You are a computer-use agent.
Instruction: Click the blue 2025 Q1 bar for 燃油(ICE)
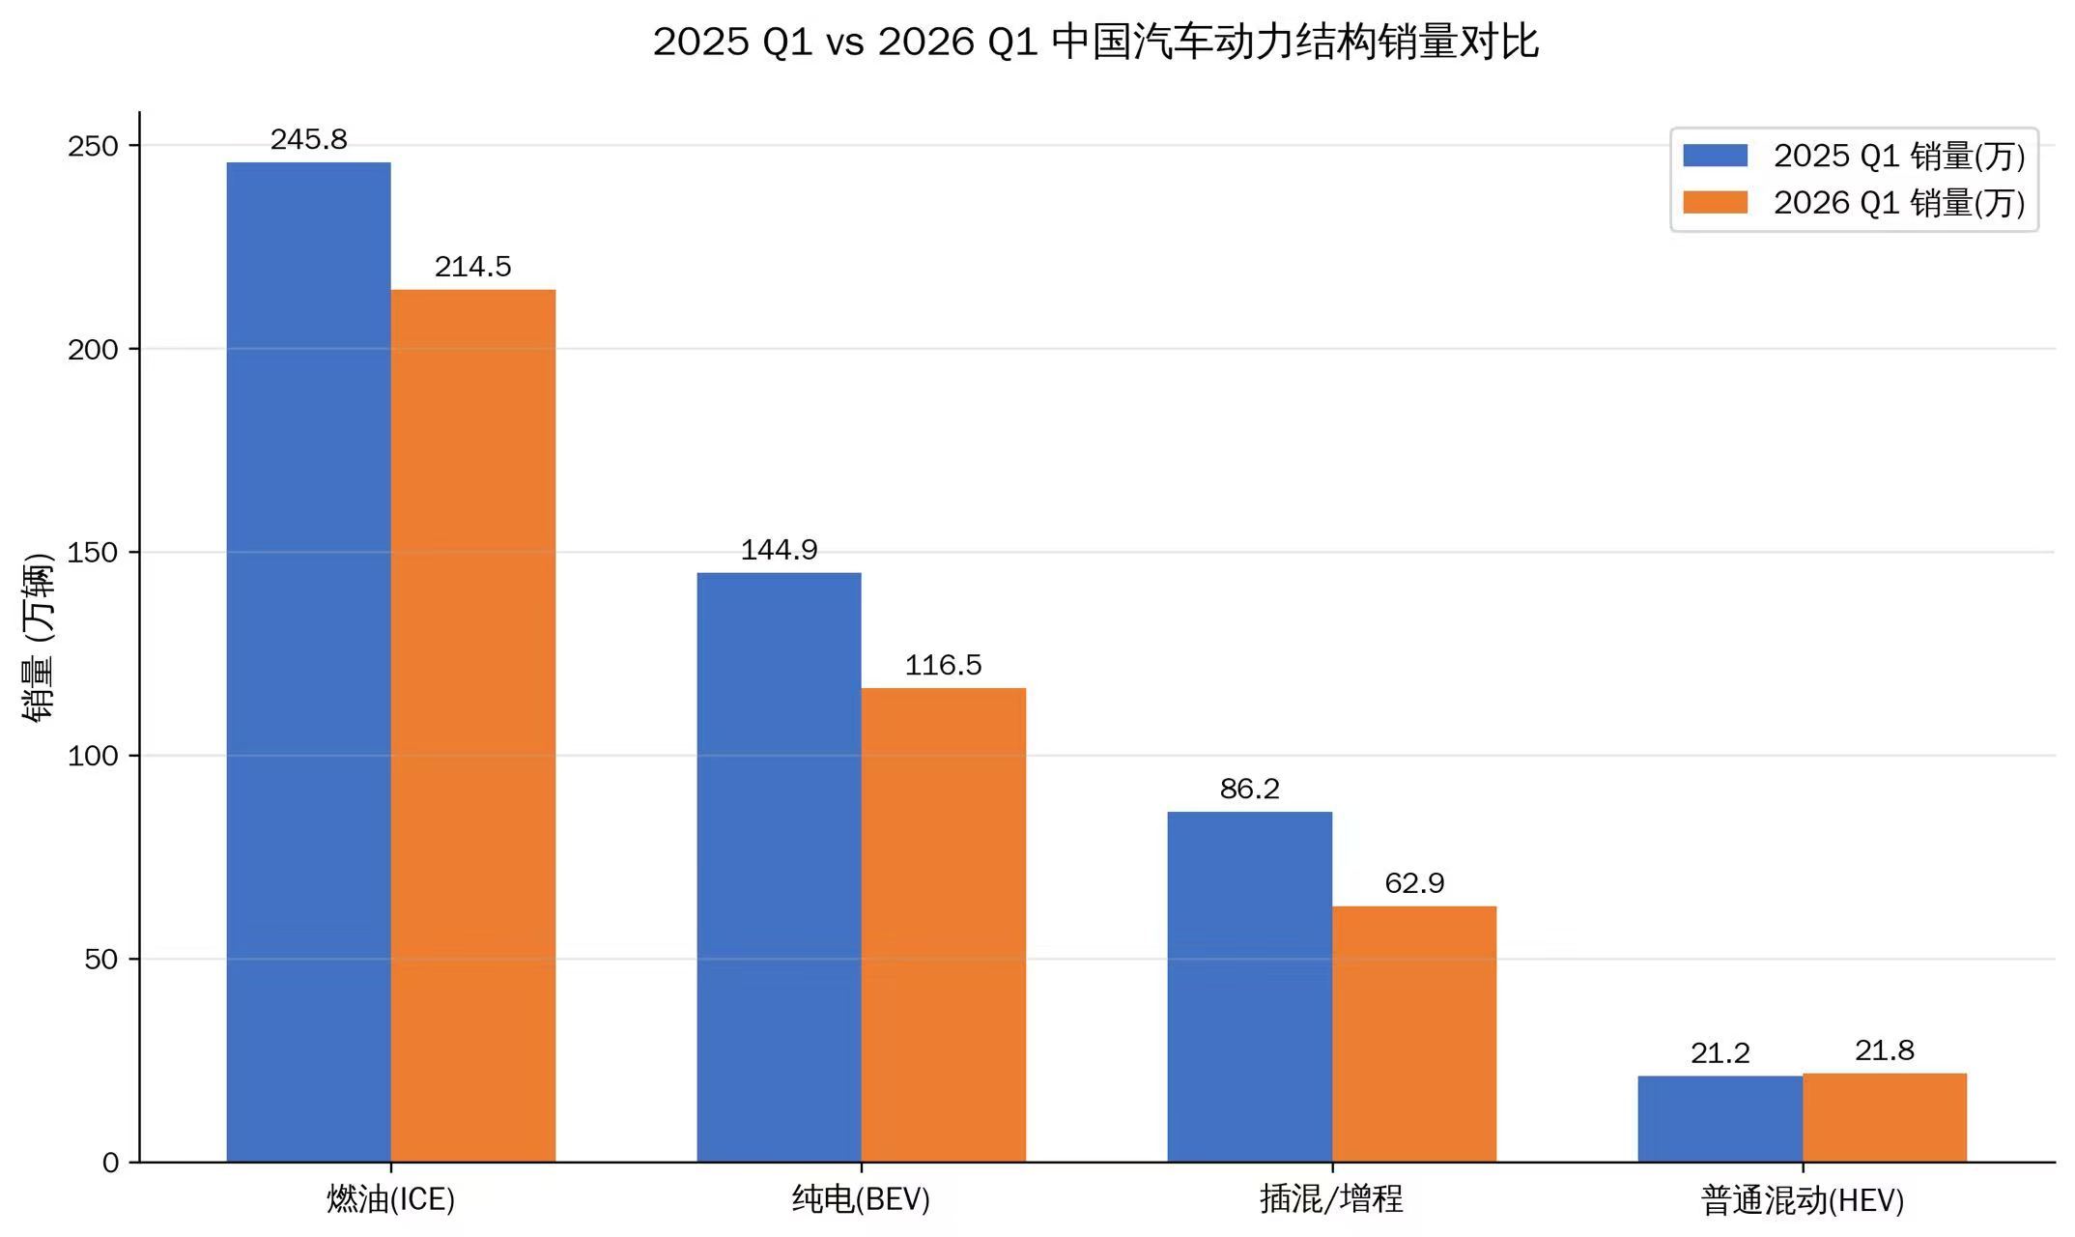pos(308,662)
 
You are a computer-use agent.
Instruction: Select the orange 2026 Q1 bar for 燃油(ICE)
pos(472,725)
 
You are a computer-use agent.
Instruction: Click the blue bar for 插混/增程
pos(1249,987)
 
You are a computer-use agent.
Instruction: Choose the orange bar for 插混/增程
pos(1413,1034)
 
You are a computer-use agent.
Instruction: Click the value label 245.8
pos(308,140)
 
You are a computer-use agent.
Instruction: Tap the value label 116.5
pos(943,665)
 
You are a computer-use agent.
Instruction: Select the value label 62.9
pos(1413,883)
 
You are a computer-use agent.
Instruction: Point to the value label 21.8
pos(1884,1050)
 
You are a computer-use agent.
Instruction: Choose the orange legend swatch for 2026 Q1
pos(1715,202)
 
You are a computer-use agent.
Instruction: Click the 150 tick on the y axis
pos(93,553)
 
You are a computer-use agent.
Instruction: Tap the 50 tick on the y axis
pos(100,960)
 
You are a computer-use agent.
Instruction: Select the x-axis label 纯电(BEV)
pos(861,1199)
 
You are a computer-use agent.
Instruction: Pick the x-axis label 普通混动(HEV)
pos(1802,1200)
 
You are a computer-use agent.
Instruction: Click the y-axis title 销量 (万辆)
pos(39,638)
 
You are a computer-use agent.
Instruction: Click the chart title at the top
pos(1095,42)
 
